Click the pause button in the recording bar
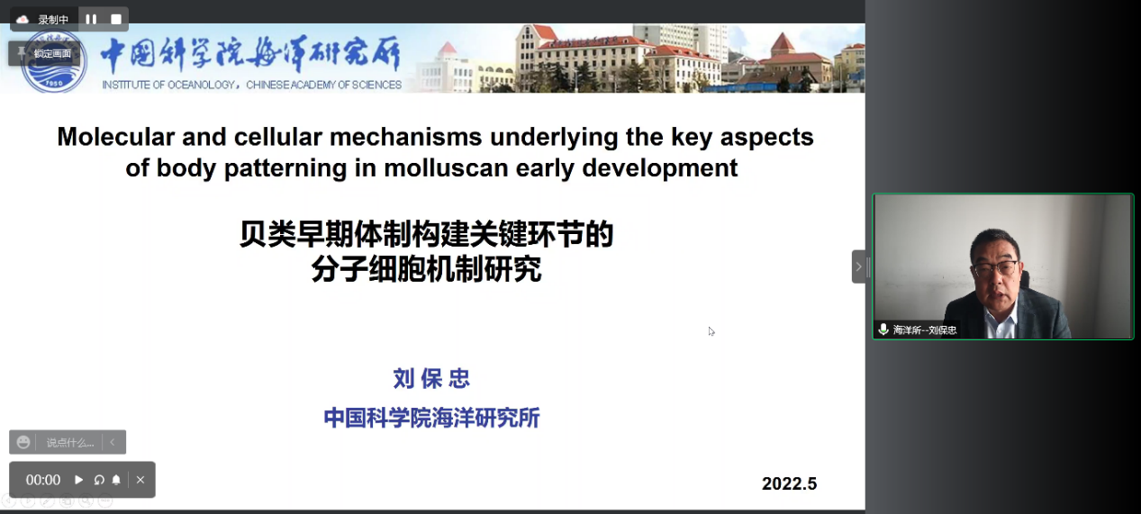tap(91, 19)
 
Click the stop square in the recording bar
tap(116, 19)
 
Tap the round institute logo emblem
tap(54, 61)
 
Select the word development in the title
tap(659, 169)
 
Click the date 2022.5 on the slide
tap(789, 483)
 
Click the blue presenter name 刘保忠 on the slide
tap(431, 379)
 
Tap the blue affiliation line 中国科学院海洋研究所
tap(431, 418)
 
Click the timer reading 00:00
tap(43, 480)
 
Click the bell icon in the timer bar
tap(116, 480)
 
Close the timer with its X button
tap(140, 480)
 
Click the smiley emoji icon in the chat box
tap(23, 442)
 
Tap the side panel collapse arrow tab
tap(858, 266)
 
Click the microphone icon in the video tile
tap(883, 329)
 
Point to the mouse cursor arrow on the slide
tap(711, 331)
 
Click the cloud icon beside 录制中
tap(23, 20)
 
